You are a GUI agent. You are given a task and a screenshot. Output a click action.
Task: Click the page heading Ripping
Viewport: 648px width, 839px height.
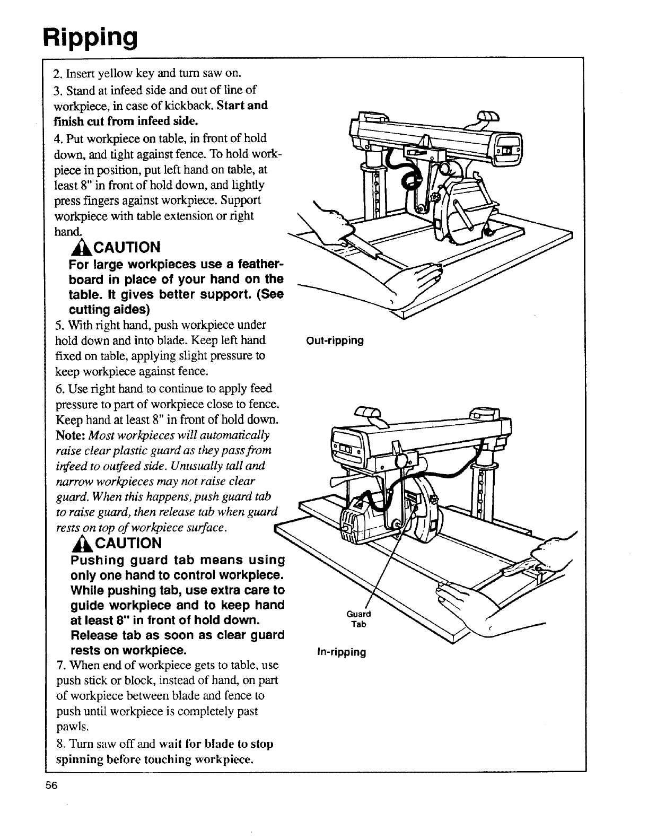click(91, 37)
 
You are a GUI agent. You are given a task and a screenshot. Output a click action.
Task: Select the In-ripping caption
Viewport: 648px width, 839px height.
click(341, 652)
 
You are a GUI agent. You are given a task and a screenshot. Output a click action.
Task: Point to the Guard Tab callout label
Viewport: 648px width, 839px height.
click(358, 619)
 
